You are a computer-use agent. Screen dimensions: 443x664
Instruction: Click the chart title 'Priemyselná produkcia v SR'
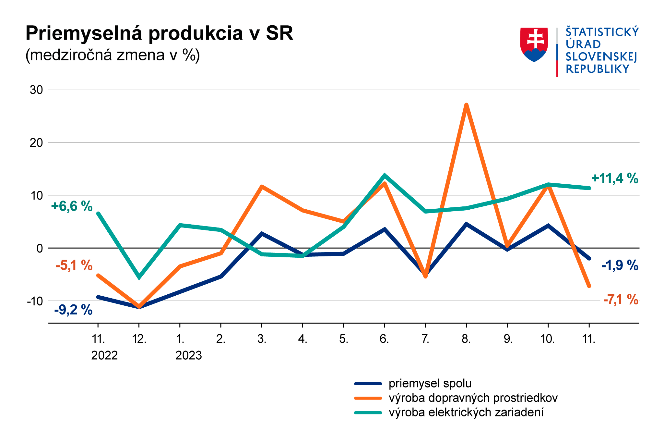[x=159, y=33]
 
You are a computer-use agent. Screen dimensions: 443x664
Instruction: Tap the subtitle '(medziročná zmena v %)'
[x=113, y=55]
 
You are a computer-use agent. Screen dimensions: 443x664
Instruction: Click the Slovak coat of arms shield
[x=534, y=44]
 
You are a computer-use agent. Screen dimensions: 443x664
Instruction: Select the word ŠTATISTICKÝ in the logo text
[x=602, y=32]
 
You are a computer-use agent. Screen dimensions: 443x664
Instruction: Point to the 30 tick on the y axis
[x=36, y=90]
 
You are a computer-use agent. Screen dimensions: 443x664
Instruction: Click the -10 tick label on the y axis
[x=35, y=301]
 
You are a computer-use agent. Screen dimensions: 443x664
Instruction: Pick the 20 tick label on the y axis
[x=36, y=143]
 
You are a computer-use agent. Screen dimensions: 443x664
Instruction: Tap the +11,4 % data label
[x=614, y=178]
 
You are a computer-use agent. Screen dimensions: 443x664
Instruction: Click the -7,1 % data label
[x=621, y=299]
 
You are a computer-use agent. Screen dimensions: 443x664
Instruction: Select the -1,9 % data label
[x=620, y=265]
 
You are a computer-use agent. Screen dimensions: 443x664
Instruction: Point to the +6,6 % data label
[x=72, y=206]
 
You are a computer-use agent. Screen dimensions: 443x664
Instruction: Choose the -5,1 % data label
[x=74, y=265]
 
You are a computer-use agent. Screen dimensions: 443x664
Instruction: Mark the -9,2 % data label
[x=73, y=310]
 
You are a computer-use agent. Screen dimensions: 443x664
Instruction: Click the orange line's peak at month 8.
[x=466, y=105]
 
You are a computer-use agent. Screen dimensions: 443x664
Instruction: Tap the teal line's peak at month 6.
[x=385, y=175]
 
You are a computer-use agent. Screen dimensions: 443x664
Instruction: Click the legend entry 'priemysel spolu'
[x=430, y=384]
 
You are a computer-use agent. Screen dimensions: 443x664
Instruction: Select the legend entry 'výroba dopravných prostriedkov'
[x=473, y=398]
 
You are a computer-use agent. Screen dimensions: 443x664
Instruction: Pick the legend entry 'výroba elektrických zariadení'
[x=466, y=412]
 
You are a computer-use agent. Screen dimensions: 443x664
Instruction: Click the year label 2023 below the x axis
[x=188, y=356]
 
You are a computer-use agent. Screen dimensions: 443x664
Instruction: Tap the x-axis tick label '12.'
[x=139, y=339]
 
